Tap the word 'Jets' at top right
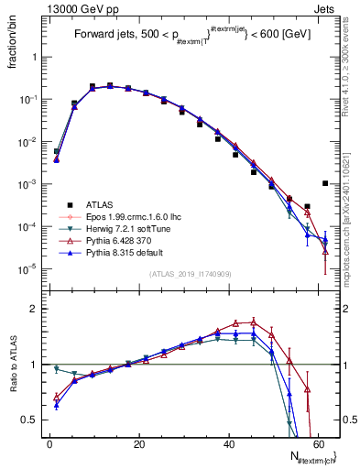[x=327, y=8]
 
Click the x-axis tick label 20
[x=138, y=445]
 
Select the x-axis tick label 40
[x=228, y=445]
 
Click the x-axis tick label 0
[x=49, y=445]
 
